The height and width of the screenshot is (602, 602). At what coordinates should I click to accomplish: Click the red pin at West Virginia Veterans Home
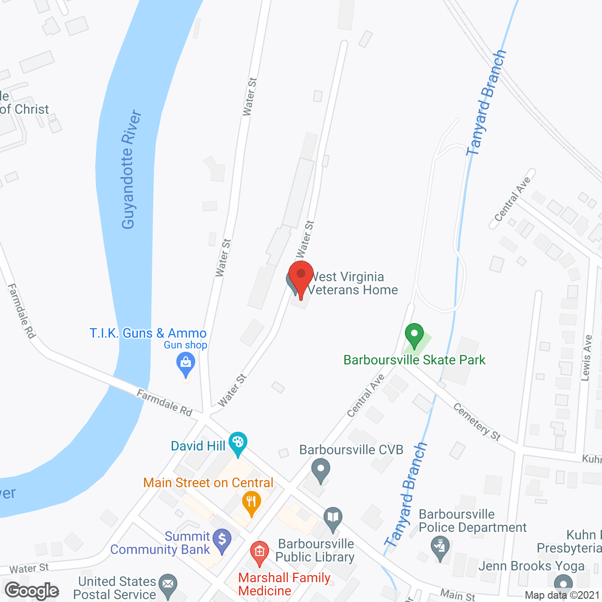pos(301,275)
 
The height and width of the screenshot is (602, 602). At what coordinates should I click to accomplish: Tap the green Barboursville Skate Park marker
pos(414,335)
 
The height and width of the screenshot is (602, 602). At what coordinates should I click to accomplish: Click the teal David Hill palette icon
pos(238,443)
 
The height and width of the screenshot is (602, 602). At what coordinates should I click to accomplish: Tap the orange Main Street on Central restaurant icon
pos(252,503)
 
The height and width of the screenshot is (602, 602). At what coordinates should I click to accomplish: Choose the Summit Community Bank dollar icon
pos(222,540)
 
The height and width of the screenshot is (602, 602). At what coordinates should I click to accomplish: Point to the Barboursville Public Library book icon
pos(333,518)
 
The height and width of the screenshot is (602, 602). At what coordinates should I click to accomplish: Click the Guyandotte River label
pos(131,169)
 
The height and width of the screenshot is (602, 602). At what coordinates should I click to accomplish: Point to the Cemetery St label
pos(476,422)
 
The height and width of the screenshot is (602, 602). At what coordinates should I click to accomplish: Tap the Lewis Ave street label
pos(586,357)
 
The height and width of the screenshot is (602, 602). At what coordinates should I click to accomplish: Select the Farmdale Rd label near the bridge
pos(165,403)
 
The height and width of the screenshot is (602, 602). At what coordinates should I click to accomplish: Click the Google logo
pos(32,590)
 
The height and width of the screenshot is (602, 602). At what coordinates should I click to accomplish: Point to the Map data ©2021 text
pos(562,595)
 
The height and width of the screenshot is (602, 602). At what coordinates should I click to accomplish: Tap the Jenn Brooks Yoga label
pos(531,566)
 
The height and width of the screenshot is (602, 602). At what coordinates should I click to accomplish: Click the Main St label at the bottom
pos(458,595)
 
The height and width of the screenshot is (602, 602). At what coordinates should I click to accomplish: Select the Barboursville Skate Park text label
pos(414,360)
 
